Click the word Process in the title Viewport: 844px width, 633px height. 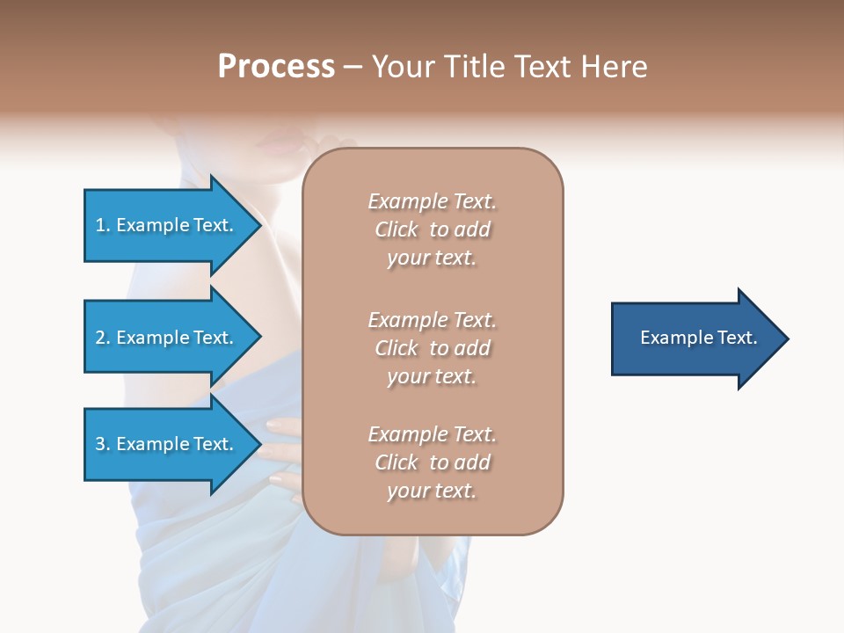[x=276, y=67]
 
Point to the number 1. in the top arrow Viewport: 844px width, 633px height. [x=104, y=225]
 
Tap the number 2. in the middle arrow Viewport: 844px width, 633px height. [x=104, y=338]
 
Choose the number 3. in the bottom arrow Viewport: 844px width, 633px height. [x=104, y=444]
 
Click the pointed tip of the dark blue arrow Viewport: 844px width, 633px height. [x=785, y=338]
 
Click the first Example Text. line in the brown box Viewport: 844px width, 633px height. [x=432, y=201]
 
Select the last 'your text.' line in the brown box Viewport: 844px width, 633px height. [x=432, y=491]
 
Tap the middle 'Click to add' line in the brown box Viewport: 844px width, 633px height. [x=432, y=348]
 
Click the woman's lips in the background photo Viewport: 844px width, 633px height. [x=280, y=146]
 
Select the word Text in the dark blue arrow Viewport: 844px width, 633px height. [x=738, y=338]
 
